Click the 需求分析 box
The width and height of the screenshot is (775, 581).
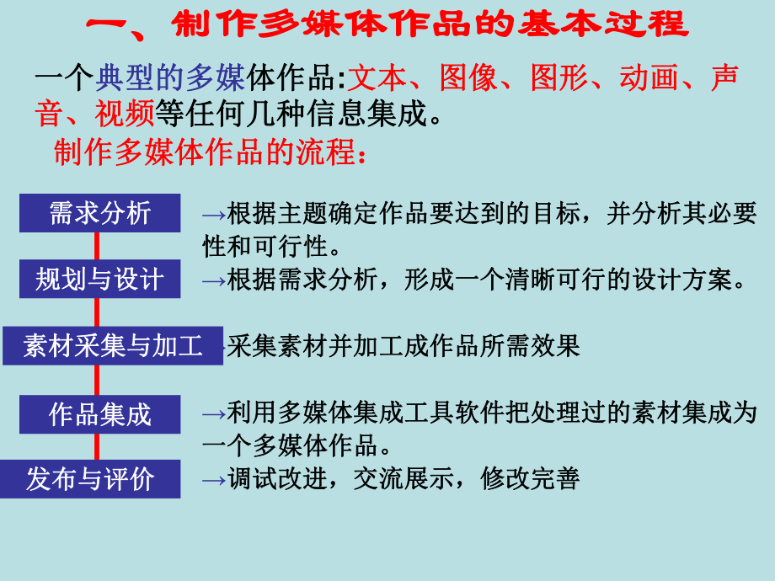[99, 213]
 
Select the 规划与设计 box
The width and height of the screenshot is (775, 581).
[99, 279]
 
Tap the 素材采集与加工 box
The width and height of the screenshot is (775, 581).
[113, 346]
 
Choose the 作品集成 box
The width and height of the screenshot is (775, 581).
[99, 413]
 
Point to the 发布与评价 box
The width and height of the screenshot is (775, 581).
[90, 479]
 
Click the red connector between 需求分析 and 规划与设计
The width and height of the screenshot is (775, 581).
[97, 246]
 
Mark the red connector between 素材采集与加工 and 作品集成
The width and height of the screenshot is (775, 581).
[97, 380]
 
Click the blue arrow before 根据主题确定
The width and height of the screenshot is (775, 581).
[214, 215]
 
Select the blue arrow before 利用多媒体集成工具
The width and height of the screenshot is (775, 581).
[214, 413]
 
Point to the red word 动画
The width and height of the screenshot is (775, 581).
[642, 78]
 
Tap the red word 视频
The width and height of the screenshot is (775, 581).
[123, 113]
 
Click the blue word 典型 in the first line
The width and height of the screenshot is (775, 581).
[119, 78]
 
